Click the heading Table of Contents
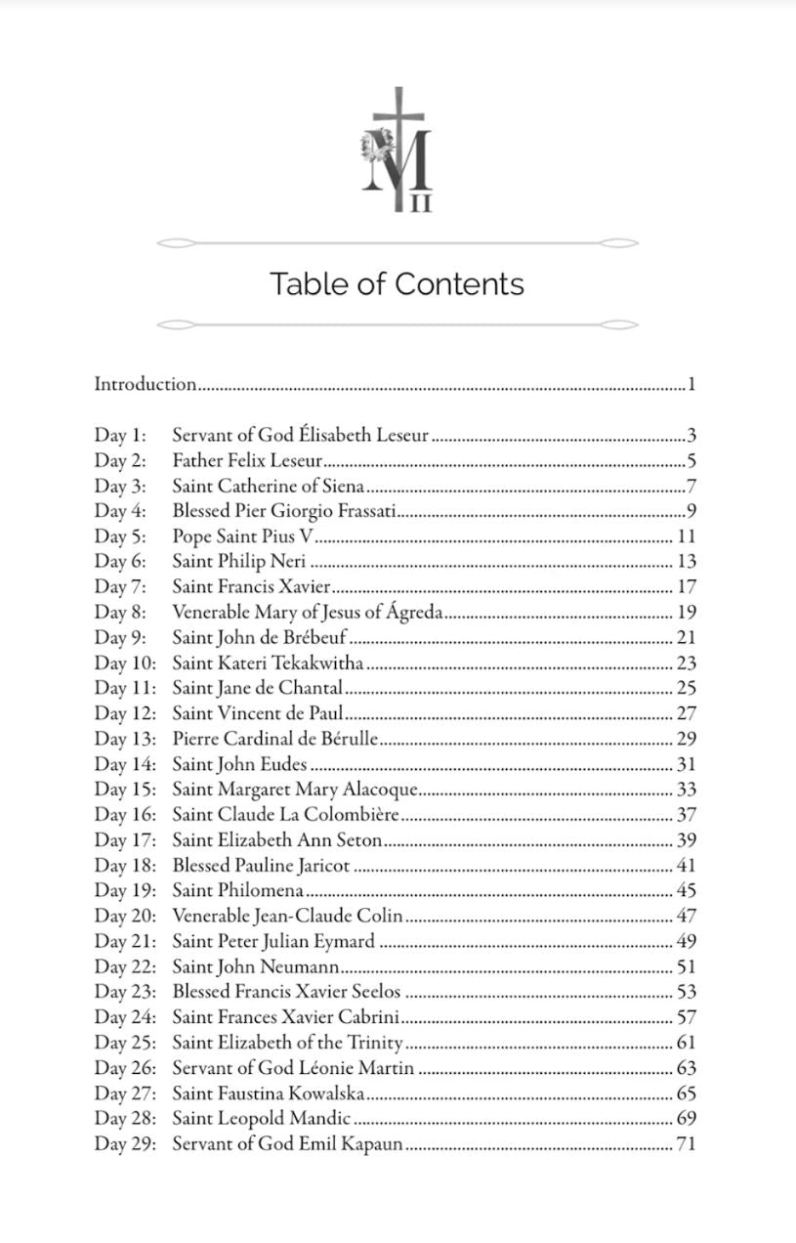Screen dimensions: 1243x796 [397, 284]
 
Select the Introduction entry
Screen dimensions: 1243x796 [146, 384]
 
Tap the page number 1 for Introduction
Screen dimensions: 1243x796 [691, 384]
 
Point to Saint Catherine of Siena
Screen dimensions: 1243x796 [269, 486]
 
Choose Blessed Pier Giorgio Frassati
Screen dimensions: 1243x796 [284, 511]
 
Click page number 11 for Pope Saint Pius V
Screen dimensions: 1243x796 [686, 536]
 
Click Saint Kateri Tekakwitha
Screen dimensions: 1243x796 [269, 664]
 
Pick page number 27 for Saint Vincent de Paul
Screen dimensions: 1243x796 [686, 714]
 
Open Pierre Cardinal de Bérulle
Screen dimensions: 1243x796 [275, 740]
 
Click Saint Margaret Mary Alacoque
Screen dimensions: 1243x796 [295, 790]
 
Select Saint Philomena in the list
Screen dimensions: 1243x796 [238, 891]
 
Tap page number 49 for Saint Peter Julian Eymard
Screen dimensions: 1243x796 [686, 942]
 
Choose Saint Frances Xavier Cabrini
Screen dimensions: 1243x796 [286, 1017]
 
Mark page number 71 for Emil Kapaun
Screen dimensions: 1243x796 [686, 1144]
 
